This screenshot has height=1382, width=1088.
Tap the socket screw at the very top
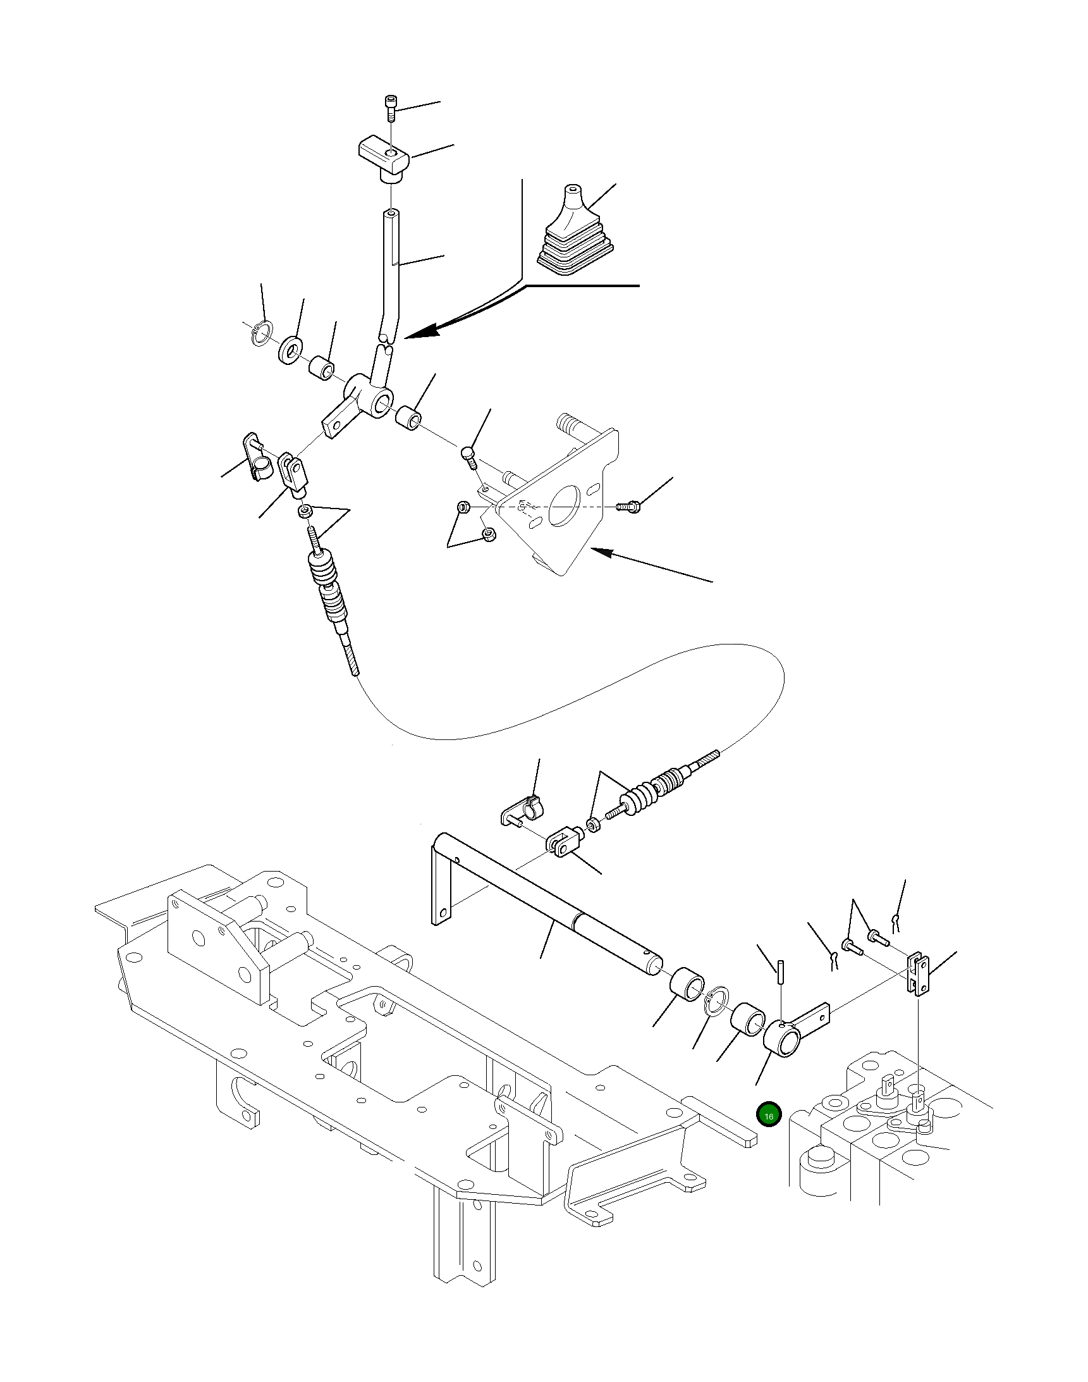390,109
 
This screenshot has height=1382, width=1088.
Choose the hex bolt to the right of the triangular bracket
629,507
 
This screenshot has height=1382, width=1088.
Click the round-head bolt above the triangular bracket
469,456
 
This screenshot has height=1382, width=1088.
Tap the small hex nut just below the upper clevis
307,511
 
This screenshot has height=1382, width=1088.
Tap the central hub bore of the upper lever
384,406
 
